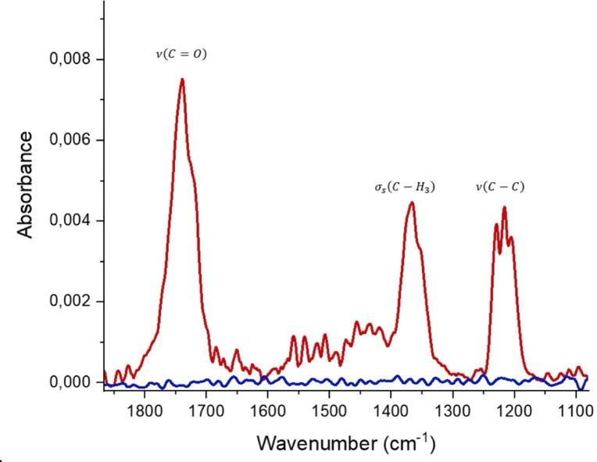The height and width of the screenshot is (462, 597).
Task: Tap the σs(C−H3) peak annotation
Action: click(403, 188)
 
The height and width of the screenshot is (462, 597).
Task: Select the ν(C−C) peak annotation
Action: click(500, 187)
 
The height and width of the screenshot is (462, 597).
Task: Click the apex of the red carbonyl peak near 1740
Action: click(182, 79)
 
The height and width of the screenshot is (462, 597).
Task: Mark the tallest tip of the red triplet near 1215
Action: click(505, 207)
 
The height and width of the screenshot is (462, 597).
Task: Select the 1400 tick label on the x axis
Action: click(391, 410)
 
